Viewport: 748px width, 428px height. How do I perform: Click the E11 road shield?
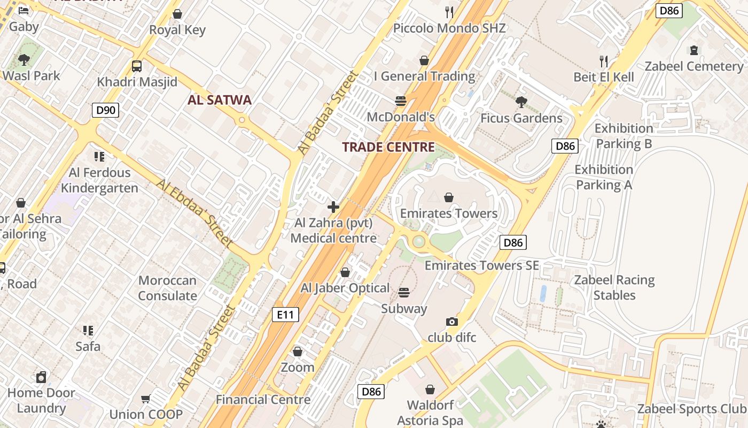[x=285, y=315]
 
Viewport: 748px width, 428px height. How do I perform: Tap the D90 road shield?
[x=105, y=110]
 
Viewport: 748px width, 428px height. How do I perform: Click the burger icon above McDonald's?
[x=401, y=101]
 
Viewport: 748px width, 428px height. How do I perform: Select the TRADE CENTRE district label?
[x=388, y=147]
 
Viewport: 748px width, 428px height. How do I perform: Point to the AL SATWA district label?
[x=220, y=100]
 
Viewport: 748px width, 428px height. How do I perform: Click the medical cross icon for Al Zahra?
[x=333, y=207]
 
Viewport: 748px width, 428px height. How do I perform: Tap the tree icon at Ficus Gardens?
[x=521, y=102]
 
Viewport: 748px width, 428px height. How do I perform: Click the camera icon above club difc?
[x=452, y=322]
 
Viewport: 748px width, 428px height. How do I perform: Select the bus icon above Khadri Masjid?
[x=137, y=66]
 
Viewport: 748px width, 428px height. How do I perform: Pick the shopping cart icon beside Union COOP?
[x=145, y=399]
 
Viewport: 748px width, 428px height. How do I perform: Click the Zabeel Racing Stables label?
[x=614, y=287]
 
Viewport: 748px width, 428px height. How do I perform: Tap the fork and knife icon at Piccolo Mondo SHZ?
[x=449, y=12]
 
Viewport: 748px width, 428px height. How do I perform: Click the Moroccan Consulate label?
[x=167, y=288]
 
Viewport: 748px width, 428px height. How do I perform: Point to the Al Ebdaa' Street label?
[x=194, y=213]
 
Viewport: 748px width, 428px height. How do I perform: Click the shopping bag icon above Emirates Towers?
[x=449, y=197]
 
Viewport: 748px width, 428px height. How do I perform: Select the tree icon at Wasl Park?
[x=24, y=59]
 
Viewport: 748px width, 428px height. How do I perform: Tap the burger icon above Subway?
[x=404, y=292]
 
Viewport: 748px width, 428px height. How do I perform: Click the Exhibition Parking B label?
[x=624, y=136]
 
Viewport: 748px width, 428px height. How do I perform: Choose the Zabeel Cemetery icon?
[x=694, y=51]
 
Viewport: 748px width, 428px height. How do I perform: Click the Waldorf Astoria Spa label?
[x=430, y=412]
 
